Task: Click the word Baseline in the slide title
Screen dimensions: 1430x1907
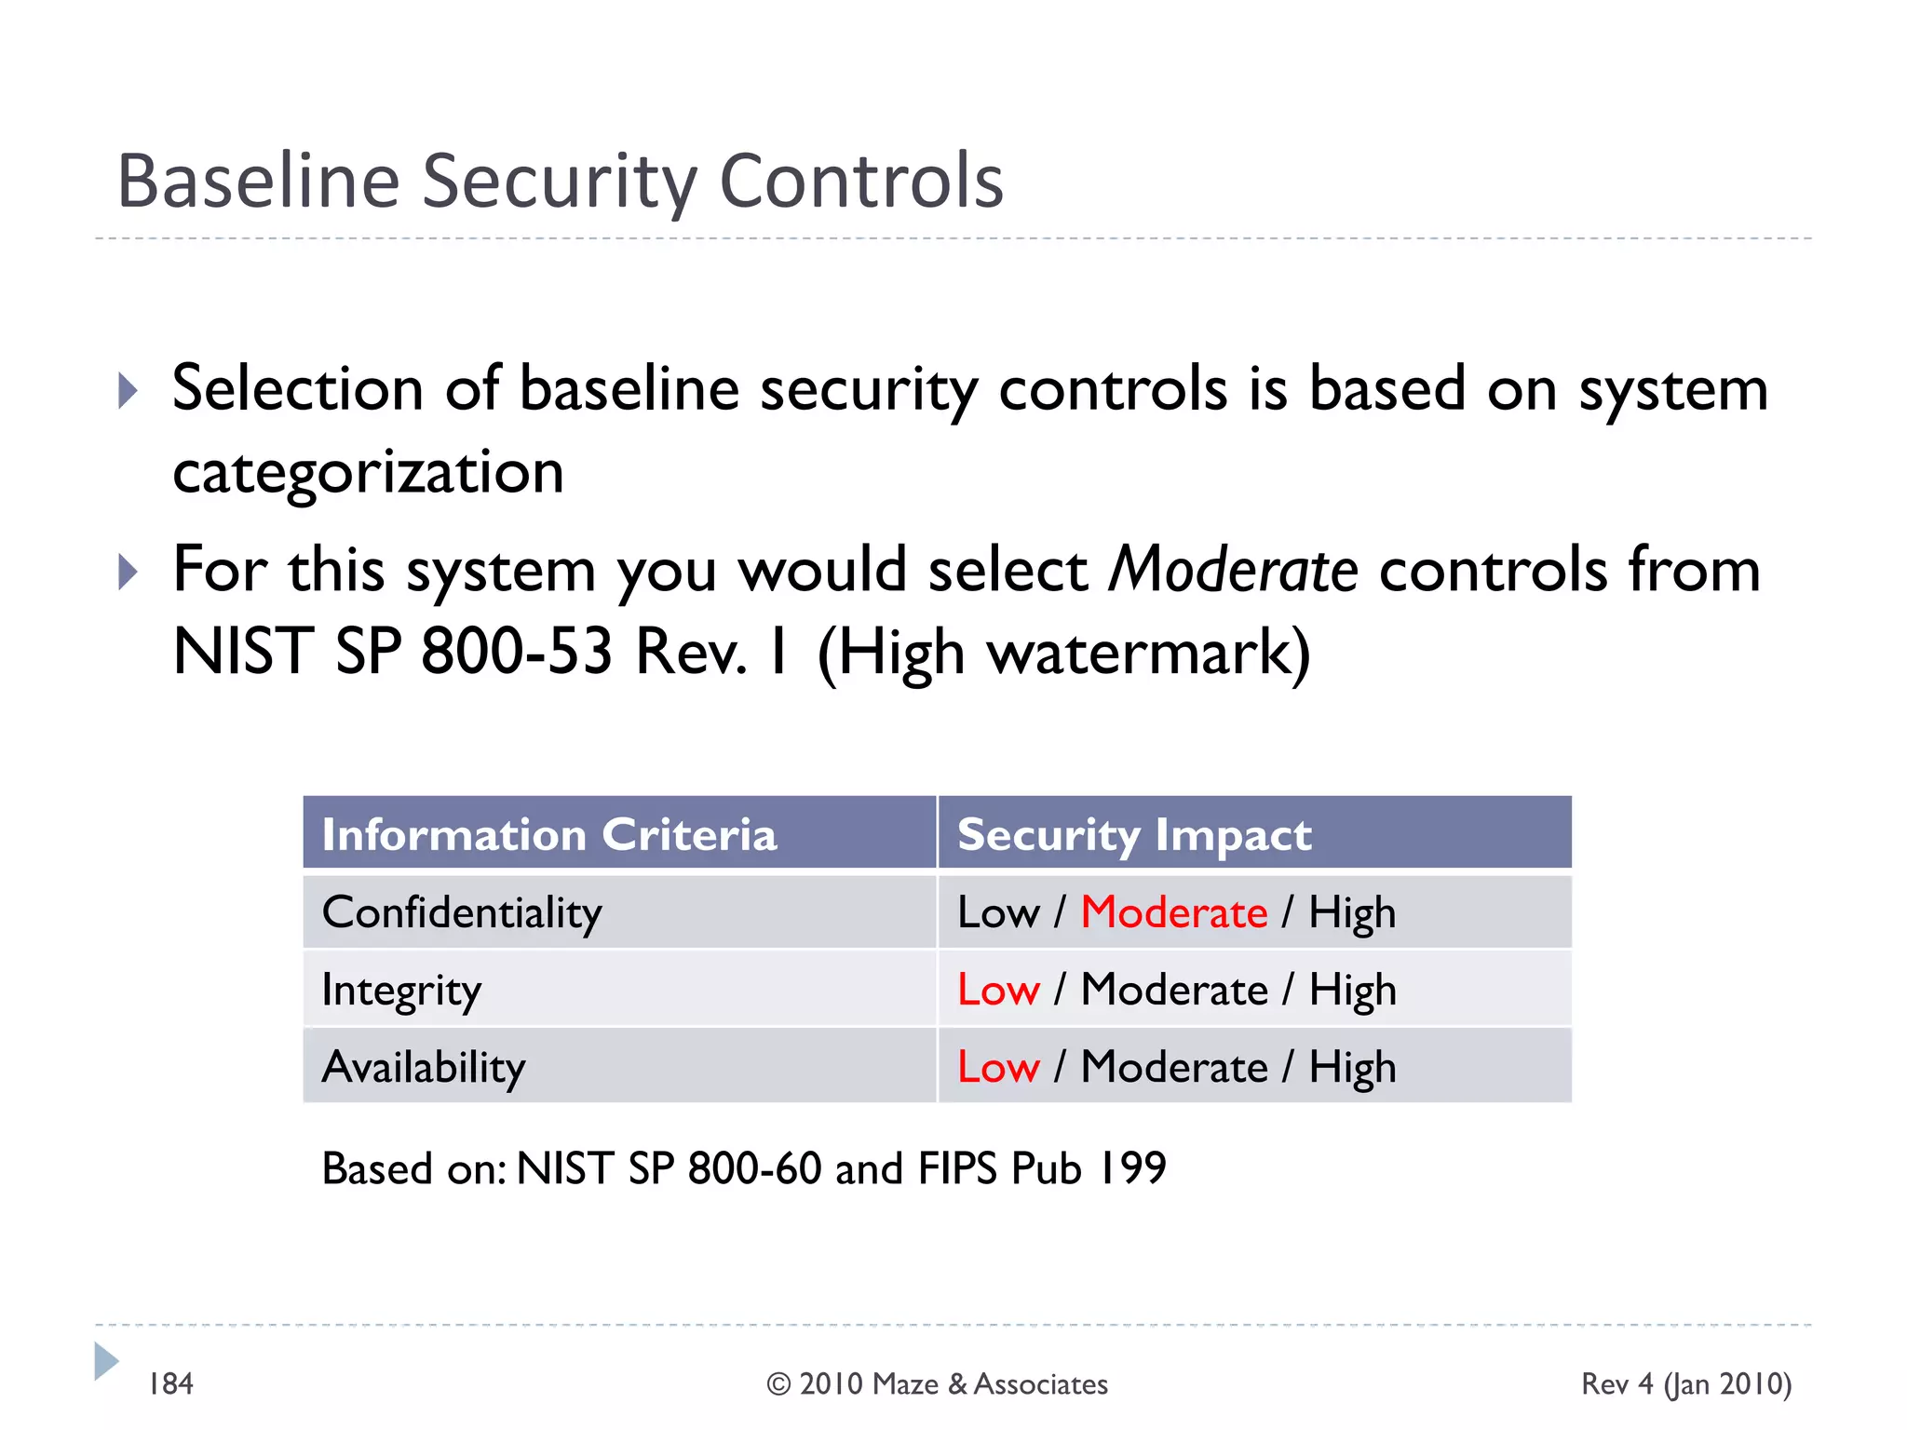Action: (x=258, y=181)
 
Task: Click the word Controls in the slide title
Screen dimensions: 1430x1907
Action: (x=861, y=181)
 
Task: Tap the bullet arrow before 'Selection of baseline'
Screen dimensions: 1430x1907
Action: (x=128, y=391)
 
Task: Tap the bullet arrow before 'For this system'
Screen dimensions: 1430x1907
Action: (x=128, y=572)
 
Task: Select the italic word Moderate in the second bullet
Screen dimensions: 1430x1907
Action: (x=1233, y=570)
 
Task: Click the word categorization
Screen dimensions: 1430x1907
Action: (x=368, y=472)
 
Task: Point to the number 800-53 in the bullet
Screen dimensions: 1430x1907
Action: (x=517, y=651)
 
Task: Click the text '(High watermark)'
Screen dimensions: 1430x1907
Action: (x=1064, y=653)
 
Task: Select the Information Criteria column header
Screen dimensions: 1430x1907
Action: (x=549, y=834)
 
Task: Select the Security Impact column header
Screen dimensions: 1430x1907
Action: (x=1134, y=834)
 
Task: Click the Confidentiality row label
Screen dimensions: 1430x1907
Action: (x=462, y=912)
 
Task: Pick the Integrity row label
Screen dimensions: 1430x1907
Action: (x=401, y=990)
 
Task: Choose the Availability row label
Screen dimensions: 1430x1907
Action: (x=424, y=1067)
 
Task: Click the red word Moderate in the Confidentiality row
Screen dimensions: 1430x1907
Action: (x=1174, y=912)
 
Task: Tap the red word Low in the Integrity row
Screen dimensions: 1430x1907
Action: (x=998, y=990)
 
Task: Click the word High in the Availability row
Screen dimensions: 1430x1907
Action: (x=1352, y=1067)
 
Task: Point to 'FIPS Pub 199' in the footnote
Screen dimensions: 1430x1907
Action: (x=1041, y=1168)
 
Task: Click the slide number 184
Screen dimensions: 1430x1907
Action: (x=171, y=1384)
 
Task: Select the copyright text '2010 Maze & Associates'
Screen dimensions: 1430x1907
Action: (x=952, y=1384)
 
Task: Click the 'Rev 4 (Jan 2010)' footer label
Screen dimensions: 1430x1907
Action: (x=1686, y=1384)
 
